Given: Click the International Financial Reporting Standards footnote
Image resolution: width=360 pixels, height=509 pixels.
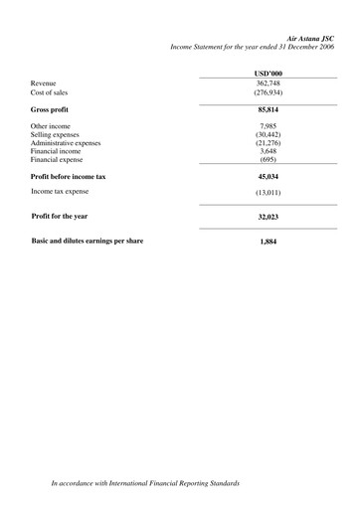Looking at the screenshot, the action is pyautogui.click(x=145, y=483).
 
